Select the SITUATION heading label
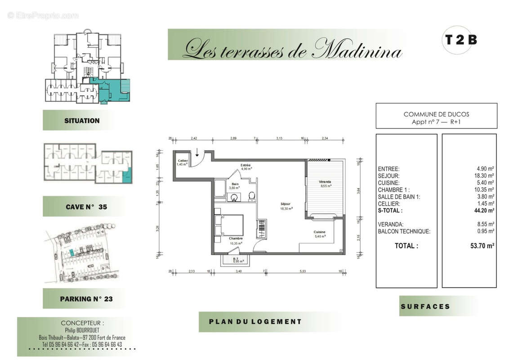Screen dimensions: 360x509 (82, 121)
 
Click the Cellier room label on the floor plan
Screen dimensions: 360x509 (182, 161)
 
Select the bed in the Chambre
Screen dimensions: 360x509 (229, 225)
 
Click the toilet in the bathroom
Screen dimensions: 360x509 (251, 195)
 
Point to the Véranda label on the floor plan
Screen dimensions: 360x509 (325, 182)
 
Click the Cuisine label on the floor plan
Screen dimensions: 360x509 (320, 232)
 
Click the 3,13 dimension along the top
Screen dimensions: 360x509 (279, 138)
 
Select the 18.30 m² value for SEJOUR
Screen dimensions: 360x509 (485, 176)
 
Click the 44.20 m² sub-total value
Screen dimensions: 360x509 (485, 210)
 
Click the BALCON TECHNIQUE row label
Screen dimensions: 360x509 (404, 231)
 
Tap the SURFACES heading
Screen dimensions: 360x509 (425, 306)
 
